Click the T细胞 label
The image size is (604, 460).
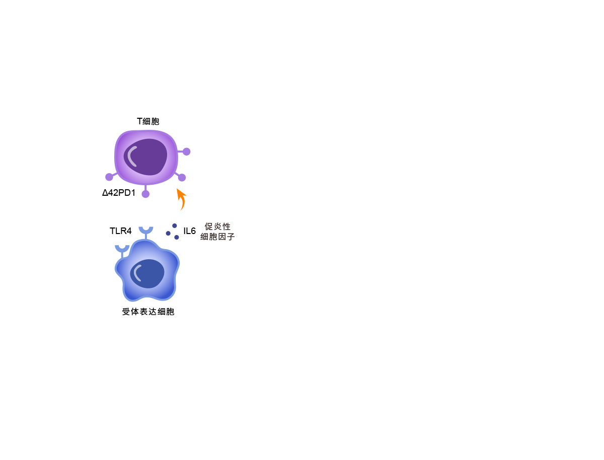pyautogui.click(x=148, y=121)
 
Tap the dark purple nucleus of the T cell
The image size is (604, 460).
pyautogui.click(x=145, y=157)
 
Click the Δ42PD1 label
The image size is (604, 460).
pyautogui.click(x=119, y=193)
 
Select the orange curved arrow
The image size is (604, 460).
pyautogui.click(x=181, y=199)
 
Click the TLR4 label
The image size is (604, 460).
pyautogui.click(x=120, y=231)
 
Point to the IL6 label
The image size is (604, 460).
pyautogui.click(x=190, y=231)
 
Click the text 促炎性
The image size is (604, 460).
pyautogui.click(x=217, y=226)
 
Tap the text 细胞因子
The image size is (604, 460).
pyautogui.click(x=217, y=237)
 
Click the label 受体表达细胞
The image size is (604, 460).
pyautogui.click(x=148, y=312)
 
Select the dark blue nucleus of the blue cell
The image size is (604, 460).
pyautogui.click(x=147, y=274)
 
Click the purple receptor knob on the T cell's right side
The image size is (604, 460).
pyautogui.click(x=186, y=151)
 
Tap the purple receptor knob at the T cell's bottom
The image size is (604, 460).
pyautogui.click(x=145, y=194)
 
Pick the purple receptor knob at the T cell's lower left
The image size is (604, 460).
pyautogui.click(x=109, y=177)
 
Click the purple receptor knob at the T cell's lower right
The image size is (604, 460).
pyautogui.click(x=182, y=178)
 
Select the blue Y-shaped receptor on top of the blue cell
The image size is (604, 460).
pyautogui.click(x=146, y=232)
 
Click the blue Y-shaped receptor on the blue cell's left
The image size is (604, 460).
pyautogui.click(x=122, y=250)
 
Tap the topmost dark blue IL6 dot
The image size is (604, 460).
pyautogui.click(x=175, y=226)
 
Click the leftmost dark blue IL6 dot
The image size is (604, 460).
pyautogui.click(x=168, y=234)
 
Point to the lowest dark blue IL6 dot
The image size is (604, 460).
pyautogui.click(x=177, y=238)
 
